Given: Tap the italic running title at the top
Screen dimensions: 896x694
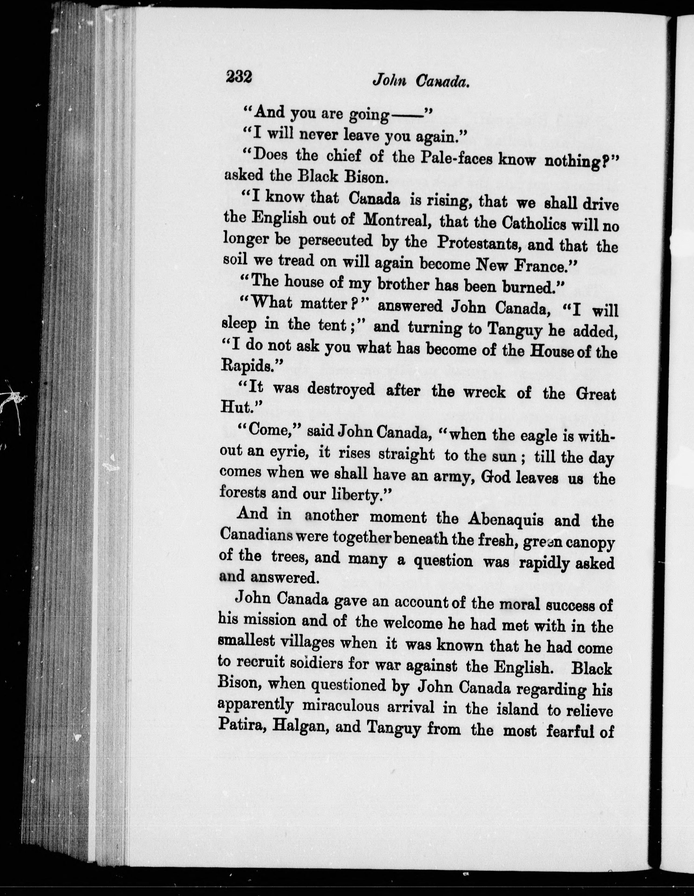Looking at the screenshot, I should click(420, 81).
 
